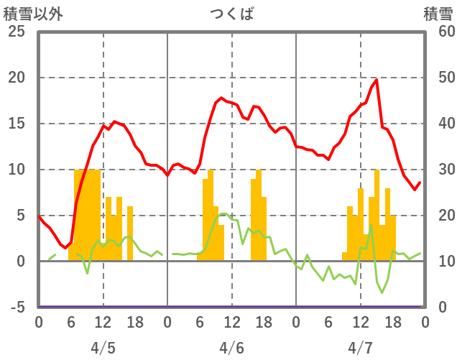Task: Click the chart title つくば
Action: (231, 14)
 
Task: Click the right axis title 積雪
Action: (438, 14)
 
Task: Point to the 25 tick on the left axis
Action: (16, 32)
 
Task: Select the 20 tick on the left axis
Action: (16, 78)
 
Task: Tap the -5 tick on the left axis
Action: (16, 308)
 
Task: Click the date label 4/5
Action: (103, 348)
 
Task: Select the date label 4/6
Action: (231, 348)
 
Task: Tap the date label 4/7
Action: (360, 348)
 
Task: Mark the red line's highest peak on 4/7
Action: (377, 80)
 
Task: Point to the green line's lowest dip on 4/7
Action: (382, 292)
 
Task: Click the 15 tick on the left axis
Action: (16, 124)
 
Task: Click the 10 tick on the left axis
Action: (16, 170)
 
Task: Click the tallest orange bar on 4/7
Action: (377, 216)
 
